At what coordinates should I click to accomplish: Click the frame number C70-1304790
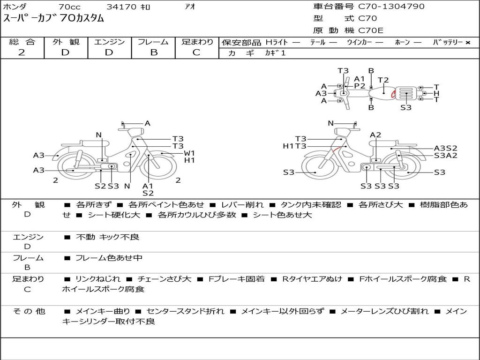[391, 6]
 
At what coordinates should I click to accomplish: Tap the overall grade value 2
[22, 52]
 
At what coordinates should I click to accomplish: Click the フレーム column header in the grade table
[153, 42]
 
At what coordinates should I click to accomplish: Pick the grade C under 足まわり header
[196, 52]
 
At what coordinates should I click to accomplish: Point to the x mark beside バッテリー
[468, 43]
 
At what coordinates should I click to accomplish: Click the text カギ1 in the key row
[275, 53]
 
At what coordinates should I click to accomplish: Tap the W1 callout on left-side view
[189, 153]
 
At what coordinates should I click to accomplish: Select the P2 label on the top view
[360, 86]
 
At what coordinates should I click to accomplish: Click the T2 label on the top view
[383, 80]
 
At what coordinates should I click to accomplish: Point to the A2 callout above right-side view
[375, 135]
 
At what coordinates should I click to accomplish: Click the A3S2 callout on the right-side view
[446, 148]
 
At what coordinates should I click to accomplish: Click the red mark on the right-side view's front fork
[336, 150]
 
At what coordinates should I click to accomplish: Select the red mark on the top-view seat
[393, 94]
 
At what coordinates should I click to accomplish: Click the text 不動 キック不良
[107, 237]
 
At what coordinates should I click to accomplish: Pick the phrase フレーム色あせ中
[109, 258]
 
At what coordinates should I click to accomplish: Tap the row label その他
[29, 311]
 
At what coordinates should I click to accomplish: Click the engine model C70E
[371, 30]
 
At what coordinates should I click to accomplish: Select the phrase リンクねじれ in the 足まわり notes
[98, 279]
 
